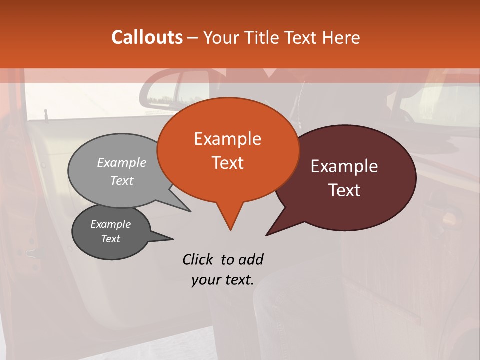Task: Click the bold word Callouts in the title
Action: coord(147,37)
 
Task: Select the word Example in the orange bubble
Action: coord(227,138)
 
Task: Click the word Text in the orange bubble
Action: coord(227,162)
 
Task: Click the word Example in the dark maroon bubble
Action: coord(344,166)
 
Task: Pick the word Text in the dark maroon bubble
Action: coord(344,190)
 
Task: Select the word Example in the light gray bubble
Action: coord(122,162)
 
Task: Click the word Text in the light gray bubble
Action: coord(122,180)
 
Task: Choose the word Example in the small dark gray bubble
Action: coord(110,224)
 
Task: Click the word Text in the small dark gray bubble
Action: coord(110,239)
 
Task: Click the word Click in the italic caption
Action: coord(198,259)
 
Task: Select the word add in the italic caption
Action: coord(251,259)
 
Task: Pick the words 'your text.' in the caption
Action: coord(222,280)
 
